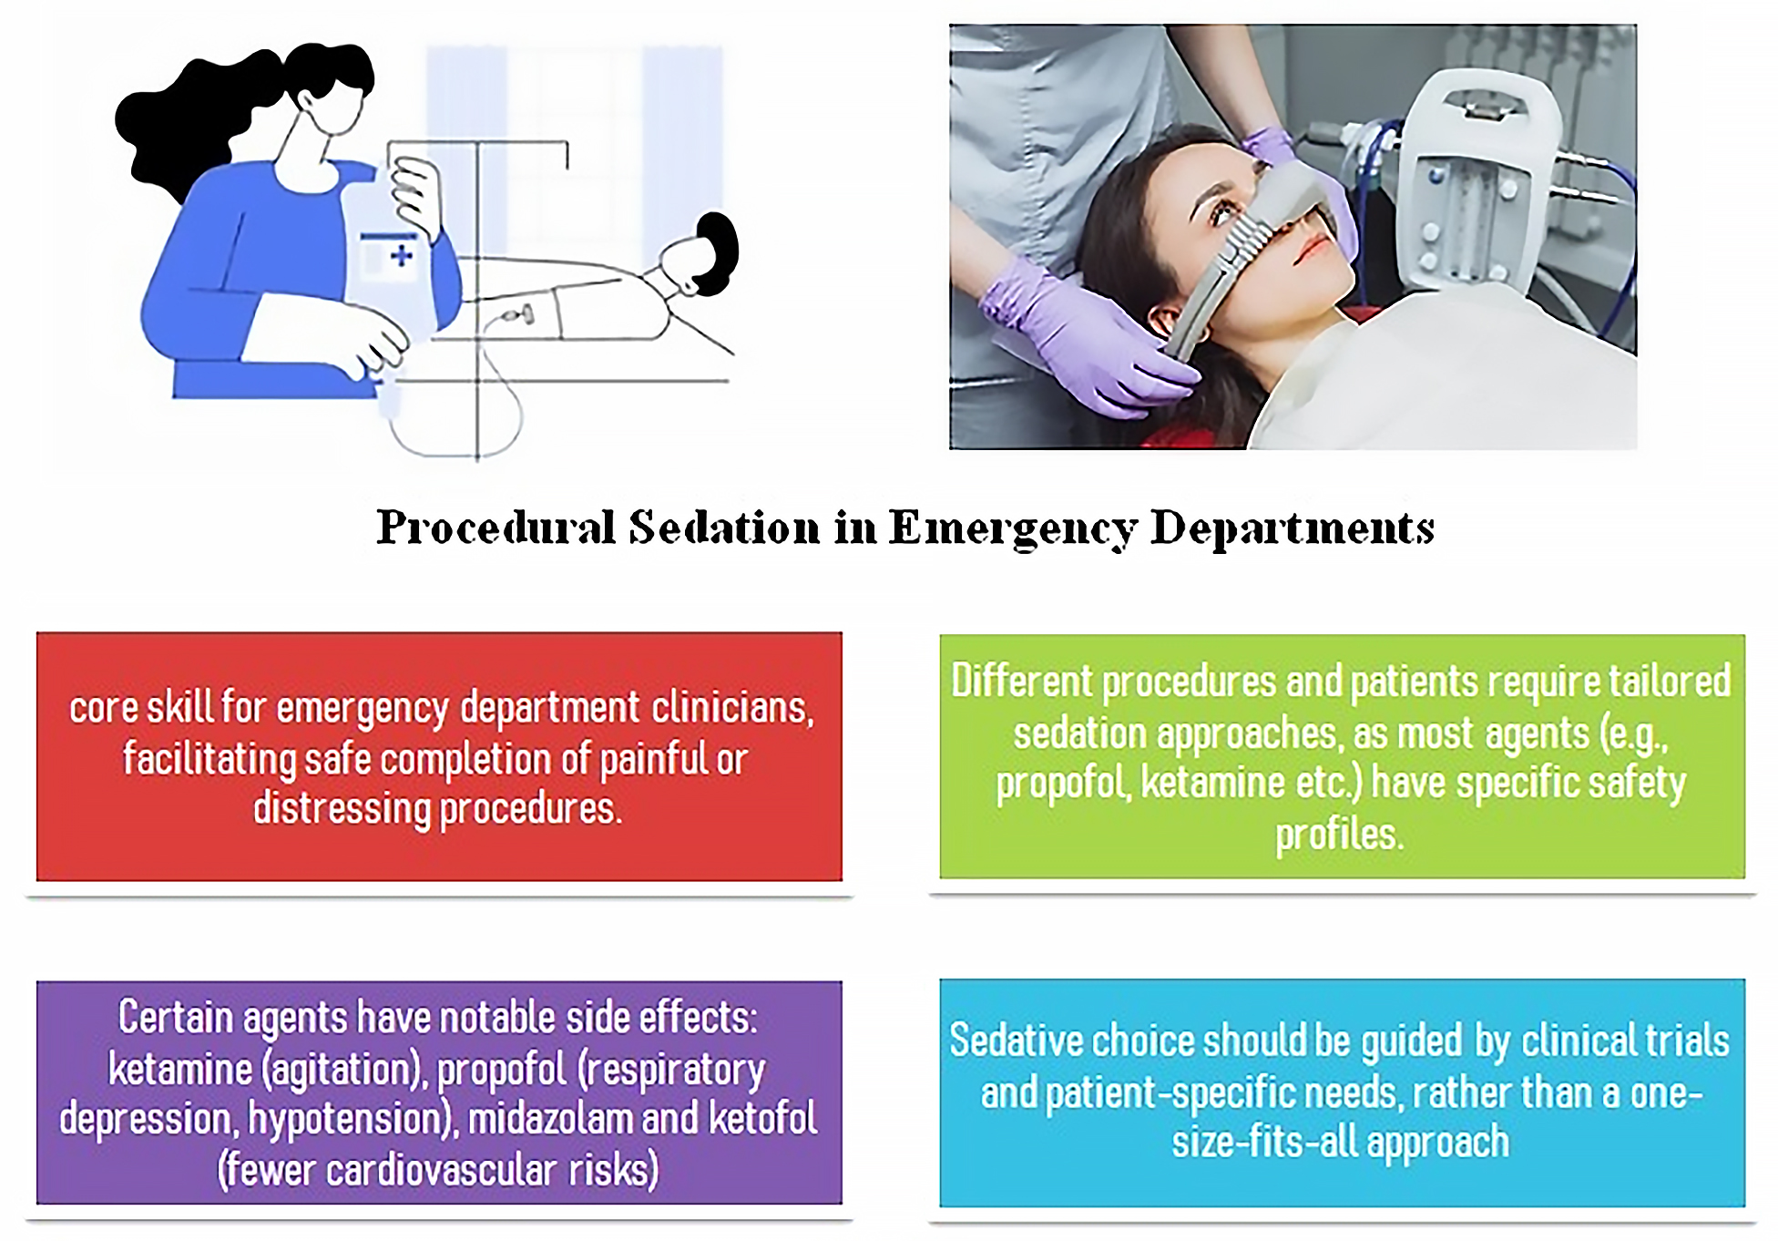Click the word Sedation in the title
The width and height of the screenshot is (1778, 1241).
[x=724, y=528]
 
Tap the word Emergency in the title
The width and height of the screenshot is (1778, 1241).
[x=1012, y=529]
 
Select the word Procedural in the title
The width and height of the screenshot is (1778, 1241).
[x=496, y=528]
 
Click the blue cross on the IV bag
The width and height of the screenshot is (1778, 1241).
[x=401, y=255]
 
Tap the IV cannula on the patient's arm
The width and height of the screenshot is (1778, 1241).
[x=516, y=316]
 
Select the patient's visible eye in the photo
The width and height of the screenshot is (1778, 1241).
[x=1222, y=214]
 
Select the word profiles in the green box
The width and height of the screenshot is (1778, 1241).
[x=1339, y=835]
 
